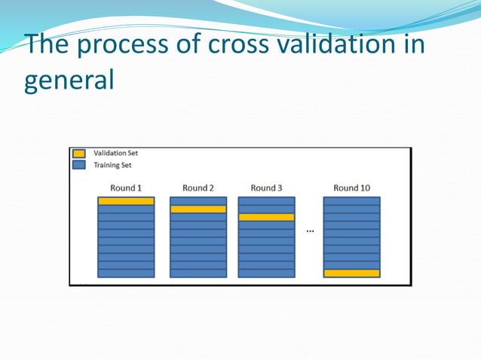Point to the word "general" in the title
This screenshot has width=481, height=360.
69,80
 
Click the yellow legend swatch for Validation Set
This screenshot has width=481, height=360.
79,153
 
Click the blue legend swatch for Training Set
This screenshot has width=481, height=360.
79,164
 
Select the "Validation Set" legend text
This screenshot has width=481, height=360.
115,153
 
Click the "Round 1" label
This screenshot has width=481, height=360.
125,188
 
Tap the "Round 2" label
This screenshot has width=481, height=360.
198,188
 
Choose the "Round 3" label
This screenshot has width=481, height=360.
266,188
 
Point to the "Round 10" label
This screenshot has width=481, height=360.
351,188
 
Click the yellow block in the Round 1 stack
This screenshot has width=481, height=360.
126,201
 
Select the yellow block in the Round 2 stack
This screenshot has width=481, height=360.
198,209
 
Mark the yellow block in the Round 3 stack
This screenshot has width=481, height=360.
266,217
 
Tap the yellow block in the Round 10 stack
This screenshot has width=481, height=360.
351,273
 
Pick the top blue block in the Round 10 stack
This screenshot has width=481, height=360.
351,201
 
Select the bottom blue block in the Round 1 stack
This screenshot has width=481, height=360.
126,273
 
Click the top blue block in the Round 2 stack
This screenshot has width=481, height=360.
198,201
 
